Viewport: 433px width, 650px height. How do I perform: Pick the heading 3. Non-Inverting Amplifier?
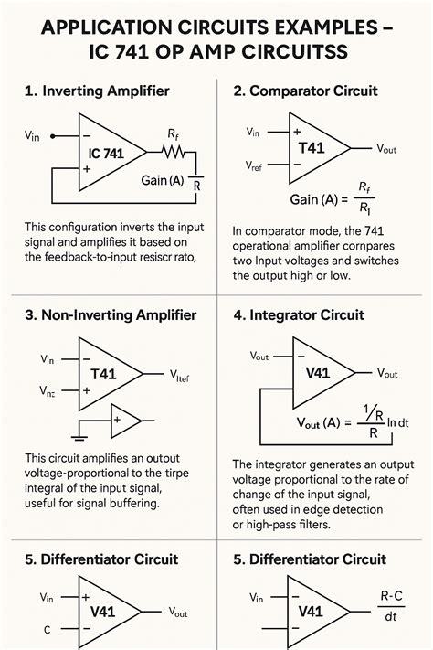[x=110, y=315]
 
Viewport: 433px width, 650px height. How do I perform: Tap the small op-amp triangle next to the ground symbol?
[x=124, y=421]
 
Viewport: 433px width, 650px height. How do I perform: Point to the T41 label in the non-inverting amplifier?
[x=108, y=374]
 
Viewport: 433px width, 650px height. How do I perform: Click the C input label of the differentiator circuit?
[x=48, y=630]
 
